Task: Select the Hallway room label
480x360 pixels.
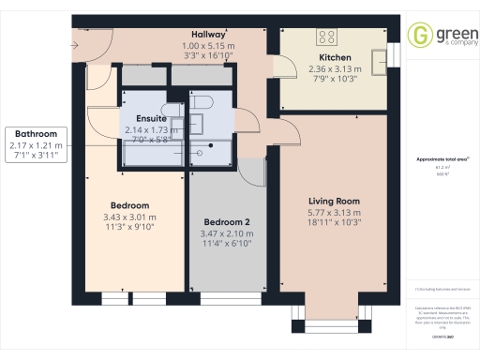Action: pyautogui.click(x=207, y=34)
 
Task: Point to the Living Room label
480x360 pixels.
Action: pyautogui.click(x=335, y=201)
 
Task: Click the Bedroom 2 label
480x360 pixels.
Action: pyautogui.click(x=227, y=223)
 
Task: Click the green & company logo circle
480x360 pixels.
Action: pyautogui.click(x=418, y=36)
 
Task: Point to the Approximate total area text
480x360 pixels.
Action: pyautogui.click(x=440, y=160)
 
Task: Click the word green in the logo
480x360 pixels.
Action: pyautogui.click(x=449, y=32)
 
